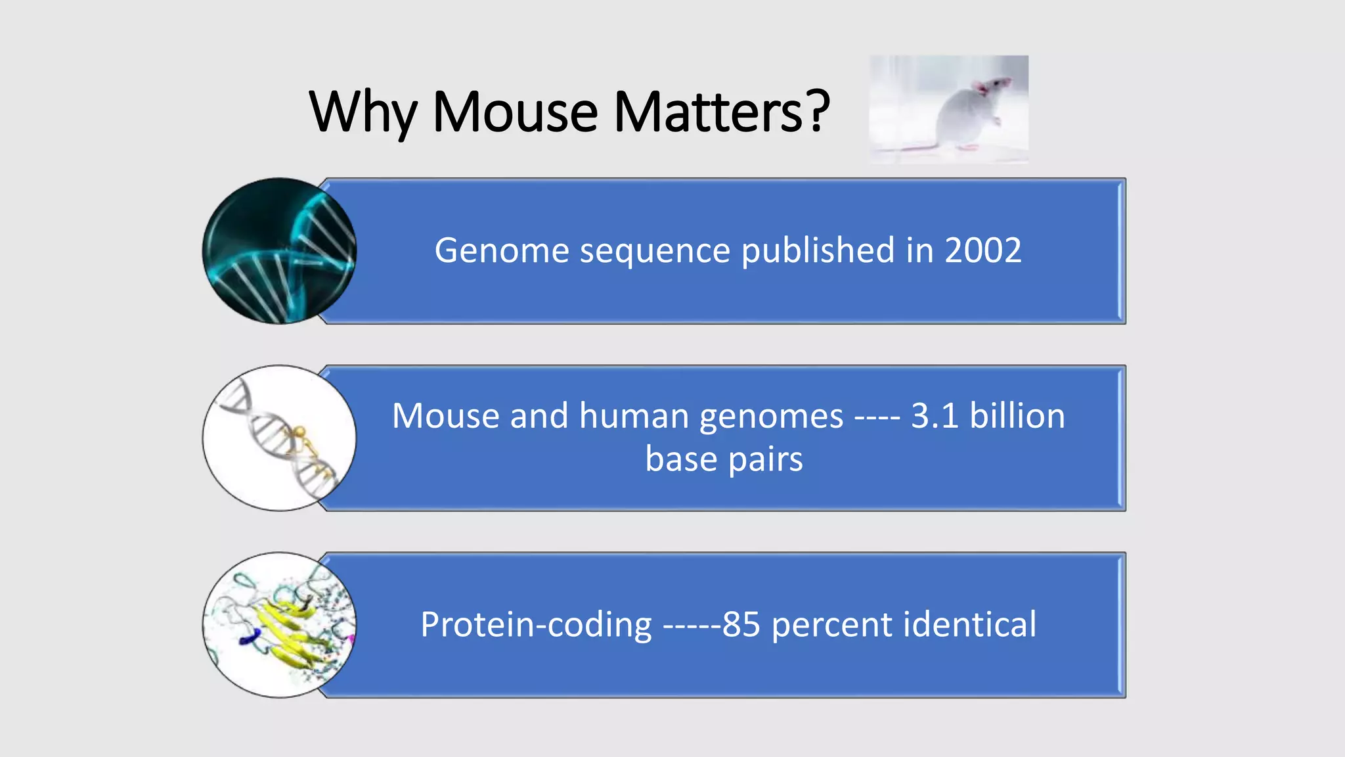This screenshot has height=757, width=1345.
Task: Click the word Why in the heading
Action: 363,113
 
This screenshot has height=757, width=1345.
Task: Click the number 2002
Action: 982,250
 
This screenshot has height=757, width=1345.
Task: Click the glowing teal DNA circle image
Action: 279,251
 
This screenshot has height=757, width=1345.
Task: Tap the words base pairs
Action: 724,459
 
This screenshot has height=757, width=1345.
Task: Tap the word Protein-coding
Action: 536,624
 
